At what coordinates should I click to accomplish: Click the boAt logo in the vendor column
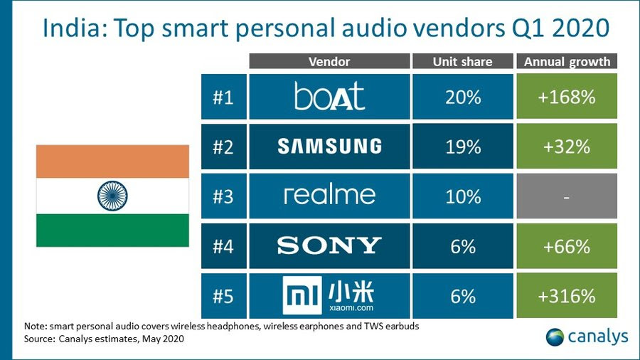pyautogui.click(x=329, y=96)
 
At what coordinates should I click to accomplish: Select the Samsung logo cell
pyautogui.click(x=329, y=146)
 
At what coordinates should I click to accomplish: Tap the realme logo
pyautogui.click(x=329, y=195)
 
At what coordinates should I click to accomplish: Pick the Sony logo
pyautogui.click(x=329, y=245)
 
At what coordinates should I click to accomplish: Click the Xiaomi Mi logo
pyautogui.click(x=329, y=295)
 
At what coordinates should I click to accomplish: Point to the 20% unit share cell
pyautogui.click(x=462, y=96)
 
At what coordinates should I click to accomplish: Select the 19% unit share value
pyautogui.click(x=462, y=146)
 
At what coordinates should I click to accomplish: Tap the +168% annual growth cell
pyautogui.click(x=567, y=96)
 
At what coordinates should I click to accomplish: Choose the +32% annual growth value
pyautogui.click(x=567, y=146)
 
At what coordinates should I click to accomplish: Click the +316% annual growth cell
pyautogui.click(x=567, y=295)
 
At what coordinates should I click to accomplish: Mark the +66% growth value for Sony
pyautogui.click(x=567, y=245)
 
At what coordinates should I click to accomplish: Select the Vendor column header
pyautogui.click(x=329, y=61)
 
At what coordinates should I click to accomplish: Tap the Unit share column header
pyautogui.click(x=462, y=61)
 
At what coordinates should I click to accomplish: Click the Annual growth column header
pyautogui.click(x=567, y=61)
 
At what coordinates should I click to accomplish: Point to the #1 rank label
pyautogui.click(x=223, y=96)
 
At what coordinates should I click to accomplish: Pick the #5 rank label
pyautogui.click(x=223, y=295)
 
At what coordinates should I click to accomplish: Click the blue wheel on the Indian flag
pyautogui.click(x=112, y=195)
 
